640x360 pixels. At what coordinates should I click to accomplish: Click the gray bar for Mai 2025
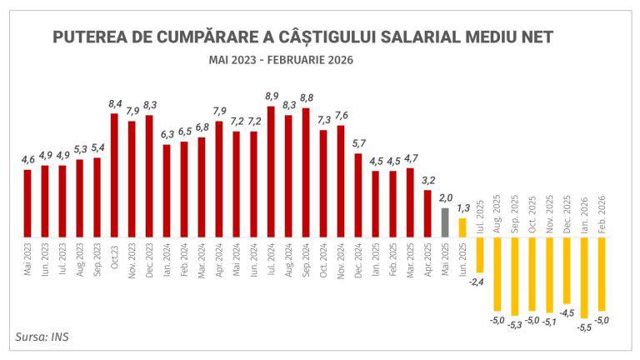point(445,222)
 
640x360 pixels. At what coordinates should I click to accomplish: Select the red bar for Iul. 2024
point(272,172)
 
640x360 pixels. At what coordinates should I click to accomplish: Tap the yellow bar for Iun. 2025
point(462,228)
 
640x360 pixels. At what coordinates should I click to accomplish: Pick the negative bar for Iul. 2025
point(480,254)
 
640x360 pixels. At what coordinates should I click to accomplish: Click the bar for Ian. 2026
point(584,277)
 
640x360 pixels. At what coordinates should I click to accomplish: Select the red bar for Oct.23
point(114,175)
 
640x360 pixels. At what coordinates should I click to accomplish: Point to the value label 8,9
point(272,97)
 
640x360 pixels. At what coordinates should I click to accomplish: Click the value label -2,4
point(477,282)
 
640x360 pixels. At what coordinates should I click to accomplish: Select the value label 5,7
point(358,144)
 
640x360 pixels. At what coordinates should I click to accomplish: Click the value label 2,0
point(445,197)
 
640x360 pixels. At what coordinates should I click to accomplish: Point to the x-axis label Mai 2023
point(27,260)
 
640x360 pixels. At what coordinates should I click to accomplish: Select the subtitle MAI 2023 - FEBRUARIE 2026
point(282,60)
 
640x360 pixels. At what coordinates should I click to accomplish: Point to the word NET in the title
point(533,37)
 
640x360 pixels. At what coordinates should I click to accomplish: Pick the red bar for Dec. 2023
point(149,177)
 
